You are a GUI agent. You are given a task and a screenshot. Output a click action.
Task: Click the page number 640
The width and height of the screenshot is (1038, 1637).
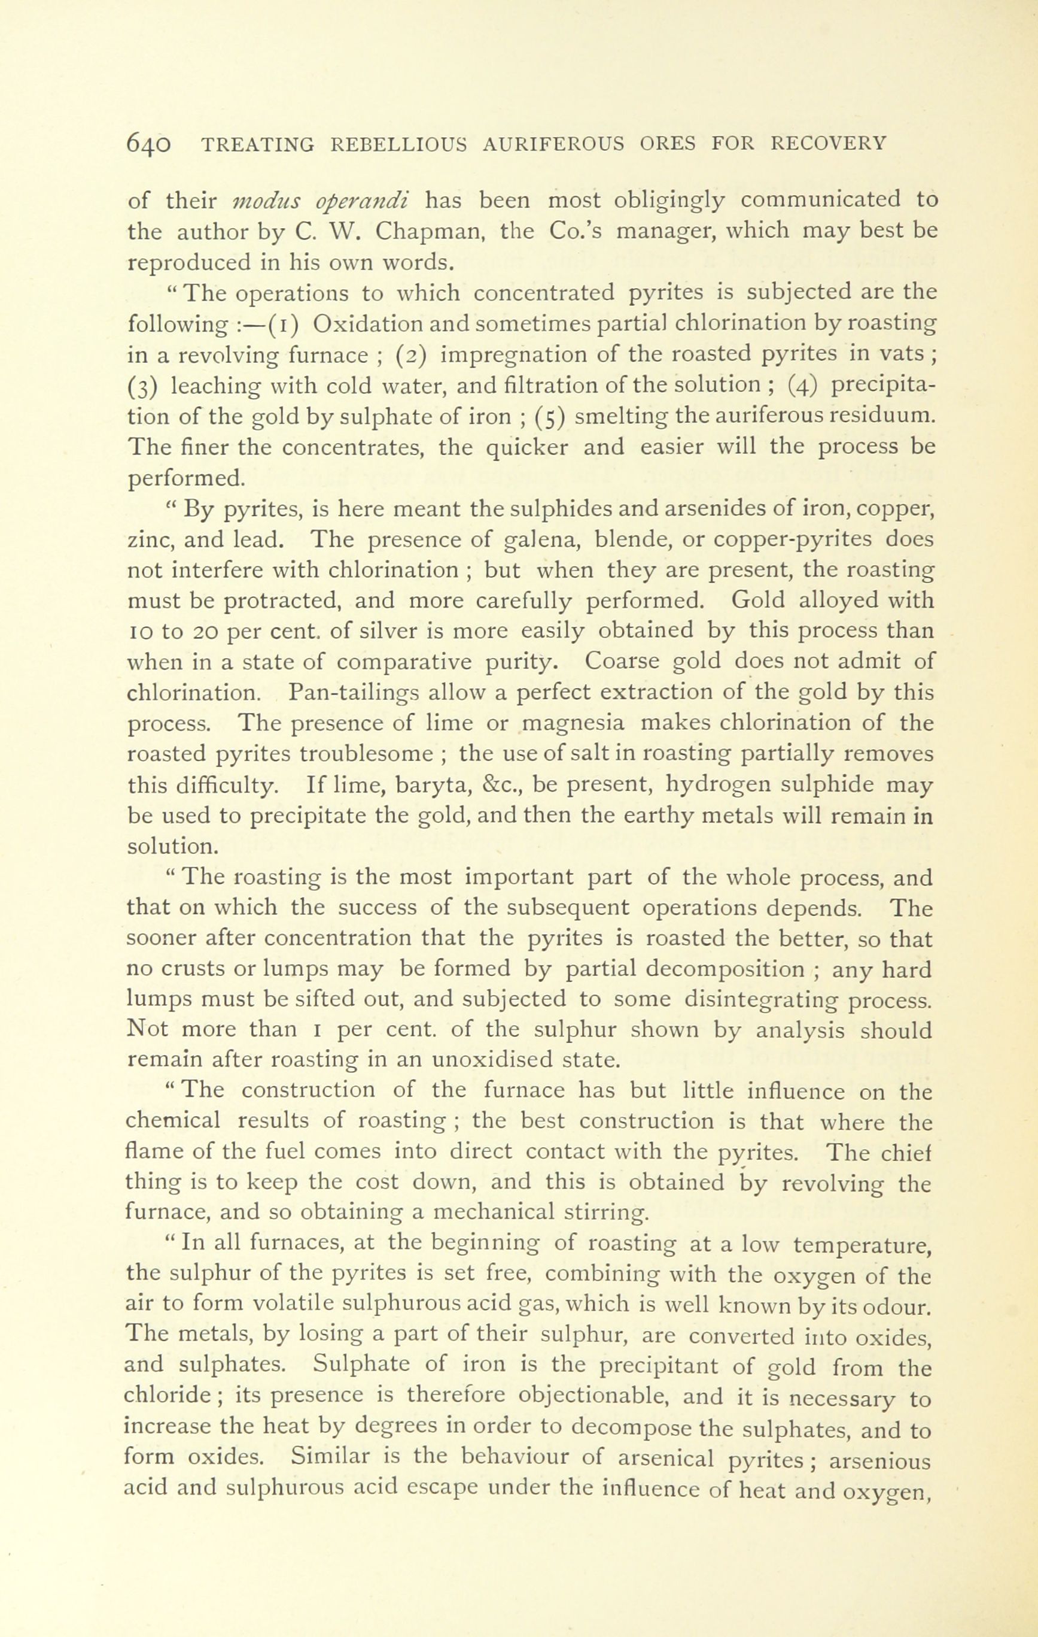tap(150, 145)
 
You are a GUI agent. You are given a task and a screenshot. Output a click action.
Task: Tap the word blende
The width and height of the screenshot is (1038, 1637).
tap(627, 539)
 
